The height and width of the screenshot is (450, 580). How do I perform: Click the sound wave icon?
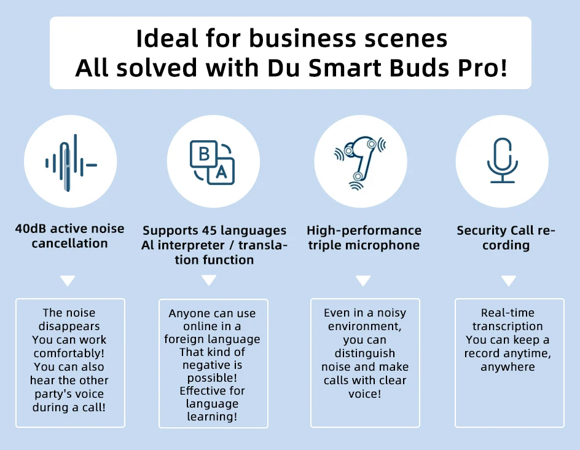tap(71, 163)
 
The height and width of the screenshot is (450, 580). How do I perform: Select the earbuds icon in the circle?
tap(360, 160)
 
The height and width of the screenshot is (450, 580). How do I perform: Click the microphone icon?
tap(503, 161)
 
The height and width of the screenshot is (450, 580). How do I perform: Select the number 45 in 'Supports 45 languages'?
tap(209, 231)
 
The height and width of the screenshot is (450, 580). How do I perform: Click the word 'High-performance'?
tap(364, 231)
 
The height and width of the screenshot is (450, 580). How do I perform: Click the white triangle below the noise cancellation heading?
tap(68, 281)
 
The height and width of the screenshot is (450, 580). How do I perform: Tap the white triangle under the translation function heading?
tap(209, 280)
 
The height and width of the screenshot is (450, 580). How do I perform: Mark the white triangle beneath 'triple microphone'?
tap(363, 280)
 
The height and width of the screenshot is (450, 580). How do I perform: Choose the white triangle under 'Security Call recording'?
tap(509, 280)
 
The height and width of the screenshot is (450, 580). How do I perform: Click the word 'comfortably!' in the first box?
tap(70, 353)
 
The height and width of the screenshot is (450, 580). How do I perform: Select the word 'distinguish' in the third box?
tap(365, 353)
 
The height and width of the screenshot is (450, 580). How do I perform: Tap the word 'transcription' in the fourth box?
tap(507, 326)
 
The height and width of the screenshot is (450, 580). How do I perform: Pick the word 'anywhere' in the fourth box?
tap(507, 367)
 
